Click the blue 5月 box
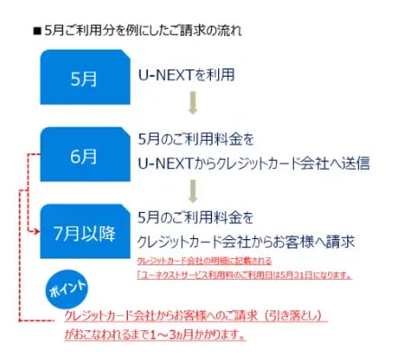click(84, 77)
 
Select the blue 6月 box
click(84, 155)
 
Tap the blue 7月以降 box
click(84, 232)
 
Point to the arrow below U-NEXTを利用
click(193, 99)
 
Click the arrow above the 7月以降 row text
click(193, 189)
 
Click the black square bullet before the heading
click(38, 31)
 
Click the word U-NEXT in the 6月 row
click(166, 162)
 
